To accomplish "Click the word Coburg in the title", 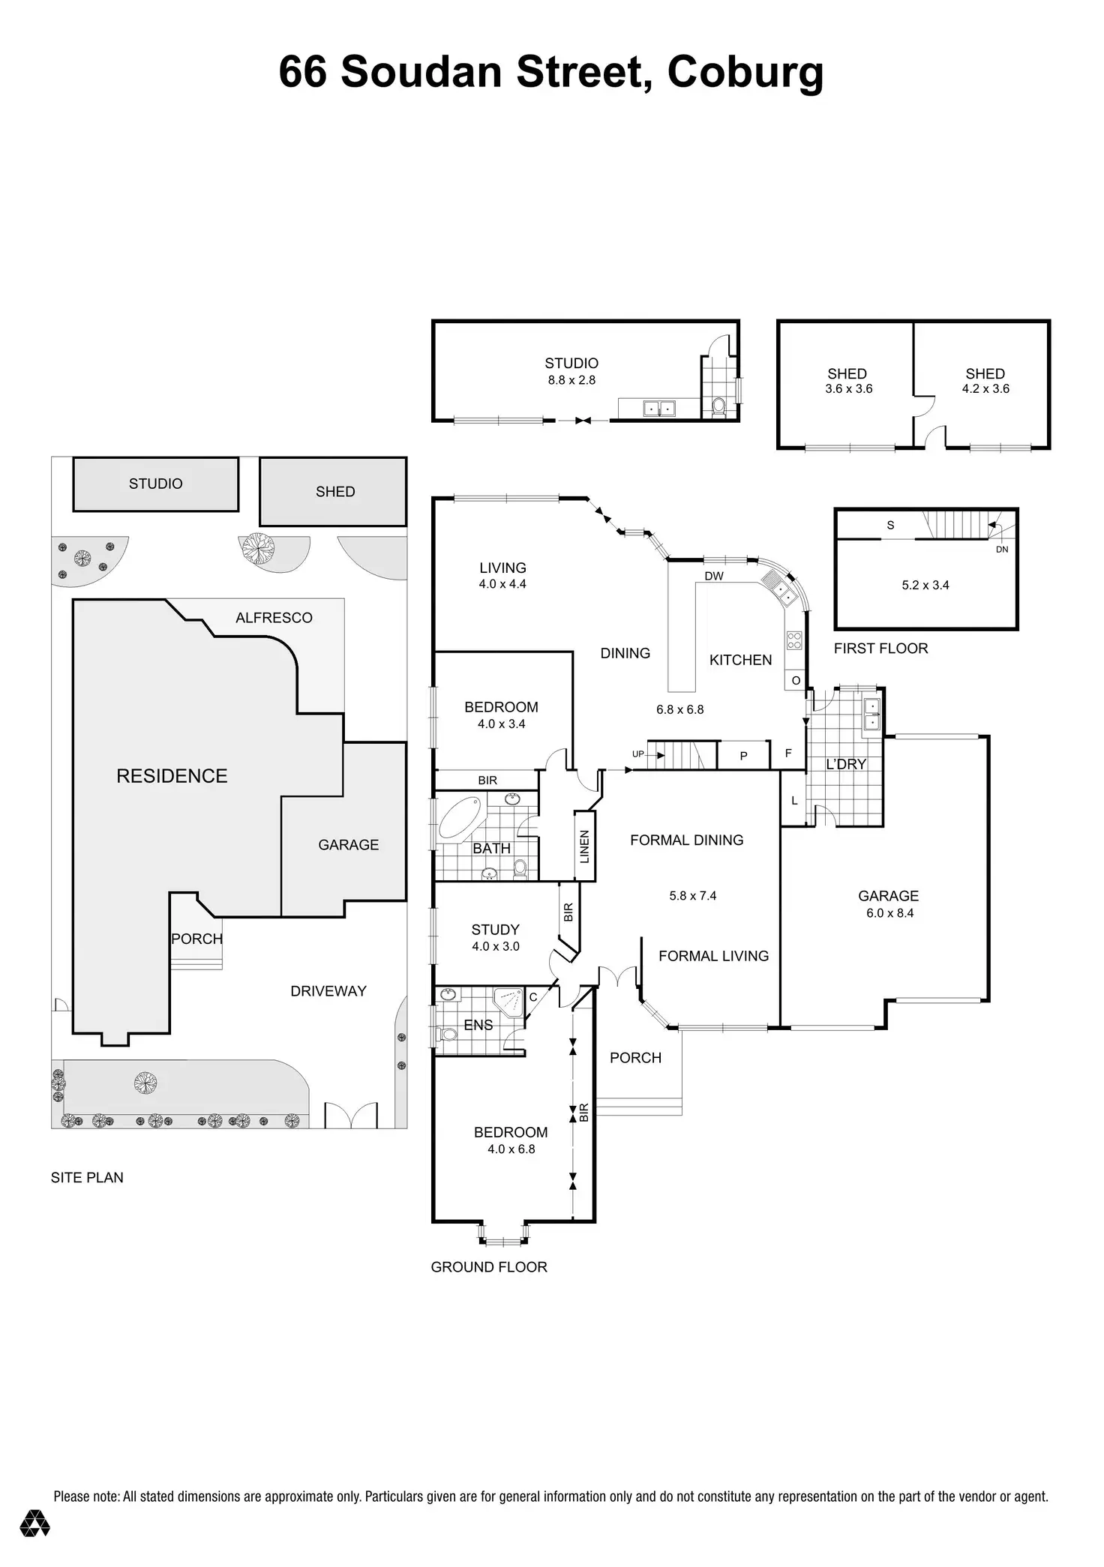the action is click(x=745, y=73).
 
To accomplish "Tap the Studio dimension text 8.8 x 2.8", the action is click(x=571, y=380).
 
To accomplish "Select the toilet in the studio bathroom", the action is click(x=718, y=406).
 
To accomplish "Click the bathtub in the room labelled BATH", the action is click(x=462, y=817).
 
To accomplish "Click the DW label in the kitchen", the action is click(x=714, y=576).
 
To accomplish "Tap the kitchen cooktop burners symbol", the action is click(x=794, y=640).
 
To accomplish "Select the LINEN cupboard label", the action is click(x=585, y=846).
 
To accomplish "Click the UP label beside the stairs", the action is click(x=637, y=754).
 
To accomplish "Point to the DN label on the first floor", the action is click(x=1002, y=549).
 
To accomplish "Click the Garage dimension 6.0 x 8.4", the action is click(x=889, y=912).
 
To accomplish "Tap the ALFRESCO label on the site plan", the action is click(x=274, y=618).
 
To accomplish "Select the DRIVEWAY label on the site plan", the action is click(x=328, y=991).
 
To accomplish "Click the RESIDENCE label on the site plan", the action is click(x=172, y=776).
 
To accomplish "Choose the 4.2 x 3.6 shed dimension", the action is click(x=985, y=388).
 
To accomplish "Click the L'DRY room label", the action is click(x=846, y=764).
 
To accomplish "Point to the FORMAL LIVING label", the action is click(x=714, y=956).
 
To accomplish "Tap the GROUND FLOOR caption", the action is click(x=489, y=1267).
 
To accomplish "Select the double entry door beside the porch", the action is click(x=616, y=977).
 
